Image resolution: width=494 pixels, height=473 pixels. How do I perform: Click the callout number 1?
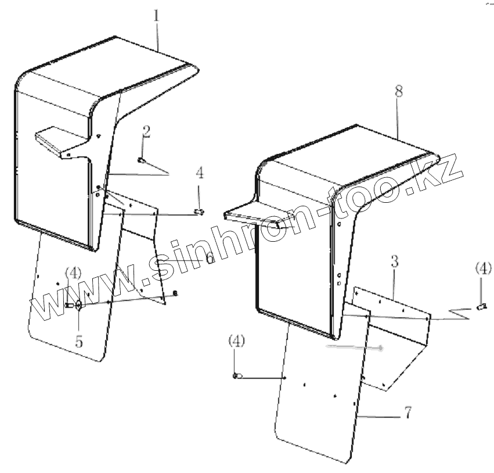pyautogui.click(x=157, y=16)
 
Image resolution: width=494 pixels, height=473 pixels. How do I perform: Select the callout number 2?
pyautogui.click(x=146, y=131)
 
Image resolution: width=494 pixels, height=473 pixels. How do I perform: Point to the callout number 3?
pyautogui.click(x=395, y=262)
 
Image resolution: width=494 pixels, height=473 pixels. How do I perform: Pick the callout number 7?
pyautogui.click(x=408, y=413)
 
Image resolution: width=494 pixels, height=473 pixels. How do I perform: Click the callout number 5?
pyautogui.click(x=79, y=342)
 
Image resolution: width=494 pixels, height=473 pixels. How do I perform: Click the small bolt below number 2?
pyautogui.click(x=141, y=160)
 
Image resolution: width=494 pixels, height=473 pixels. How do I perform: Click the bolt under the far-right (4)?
pyautogui.click(x=481, y=306)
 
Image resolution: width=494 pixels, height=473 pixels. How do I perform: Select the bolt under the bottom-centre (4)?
pyautogui.click(x=236, y=377)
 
